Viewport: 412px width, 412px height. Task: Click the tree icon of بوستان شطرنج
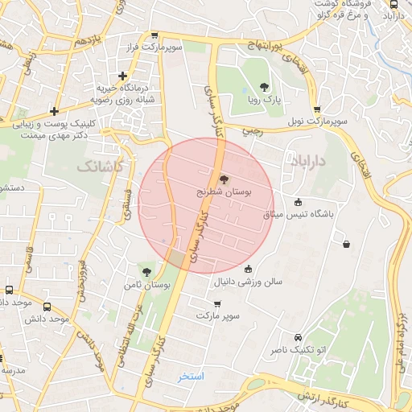point(223,179)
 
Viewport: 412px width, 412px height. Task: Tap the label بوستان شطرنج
point(224,194)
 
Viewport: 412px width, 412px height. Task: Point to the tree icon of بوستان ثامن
point(146,271)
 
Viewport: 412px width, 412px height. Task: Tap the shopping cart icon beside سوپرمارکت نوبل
point(317,109)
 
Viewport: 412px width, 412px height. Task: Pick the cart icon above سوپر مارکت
point(217,303)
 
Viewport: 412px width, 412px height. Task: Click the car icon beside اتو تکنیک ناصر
point(299,337)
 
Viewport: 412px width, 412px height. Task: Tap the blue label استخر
point(192,377)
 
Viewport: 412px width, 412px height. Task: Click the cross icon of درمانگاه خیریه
point(122,76)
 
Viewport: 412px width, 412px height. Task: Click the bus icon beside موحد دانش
point(47,307)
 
